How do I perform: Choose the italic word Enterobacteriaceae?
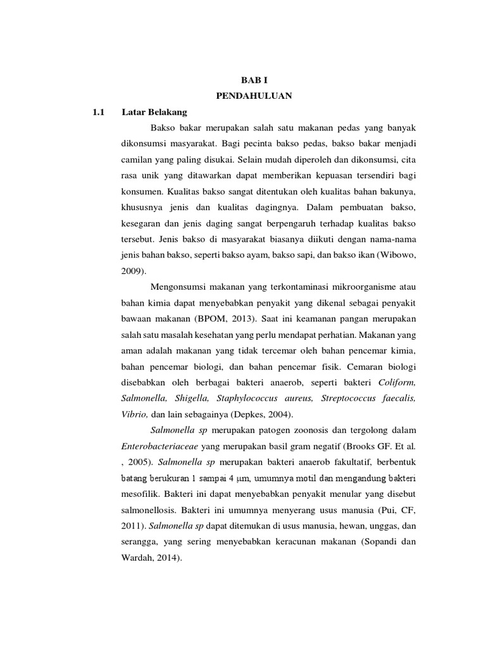pos(162,445)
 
